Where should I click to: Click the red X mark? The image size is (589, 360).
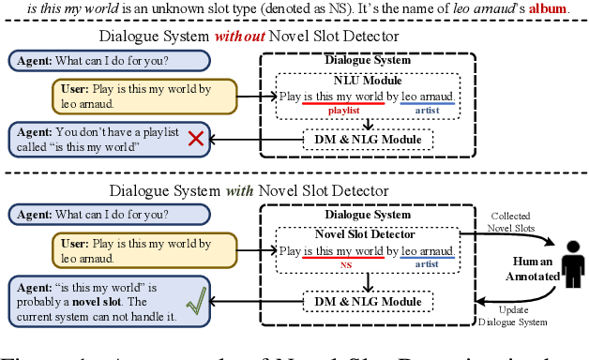point(195,139)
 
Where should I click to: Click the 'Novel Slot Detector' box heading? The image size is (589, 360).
point(367,235)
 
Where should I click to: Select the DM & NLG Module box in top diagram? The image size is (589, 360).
point(368,140)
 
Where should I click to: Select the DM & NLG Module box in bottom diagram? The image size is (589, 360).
point(368,300)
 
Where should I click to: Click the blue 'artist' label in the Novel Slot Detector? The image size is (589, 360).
point(428,265)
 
